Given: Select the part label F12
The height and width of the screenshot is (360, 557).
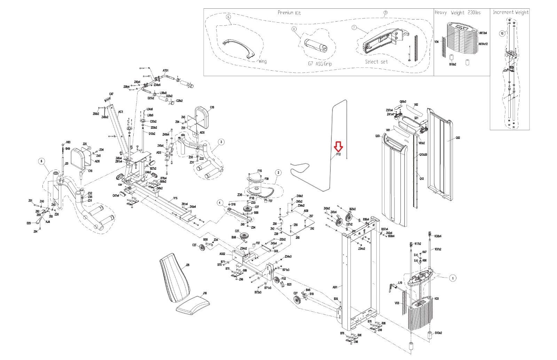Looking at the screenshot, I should coord(338,154).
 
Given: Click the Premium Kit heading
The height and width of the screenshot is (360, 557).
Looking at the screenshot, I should coord(289,13).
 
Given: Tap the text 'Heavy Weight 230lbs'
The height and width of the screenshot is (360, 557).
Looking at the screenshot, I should coord(457,13).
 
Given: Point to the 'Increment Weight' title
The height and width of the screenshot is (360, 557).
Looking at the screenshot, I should coord(510,12).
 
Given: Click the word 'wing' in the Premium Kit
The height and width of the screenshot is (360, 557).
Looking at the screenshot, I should coord(262,62).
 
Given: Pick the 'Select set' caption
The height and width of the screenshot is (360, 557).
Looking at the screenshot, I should coord(376,62).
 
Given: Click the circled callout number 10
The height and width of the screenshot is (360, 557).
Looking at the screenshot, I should coord(502,34).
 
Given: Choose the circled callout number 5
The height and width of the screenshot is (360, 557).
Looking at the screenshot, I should coord(42,161).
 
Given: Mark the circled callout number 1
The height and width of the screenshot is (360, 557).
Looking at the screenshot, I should coord(453,278).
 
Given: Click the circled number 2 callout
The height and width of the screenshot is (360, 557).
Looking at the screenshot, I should coord(278,172).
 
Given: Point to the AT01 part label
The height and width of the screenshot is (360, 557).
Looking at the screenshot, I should coord(166,71).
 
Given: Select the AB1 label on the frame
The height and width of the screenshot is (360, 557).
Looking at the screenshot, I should coord(335,287).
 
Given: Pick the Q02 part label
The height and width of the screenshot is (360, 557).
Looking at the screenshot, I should coord(458,138).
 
